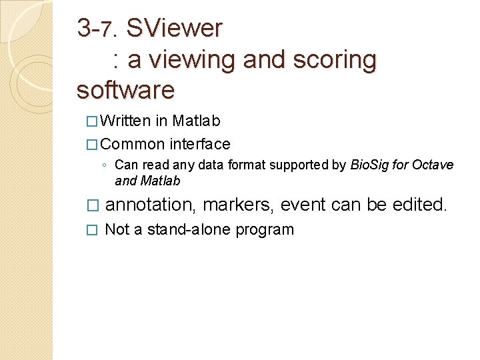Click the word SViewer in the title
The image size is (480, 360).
pyautogui.click(x=174, y=28)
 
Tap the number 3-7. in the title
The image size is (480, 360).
pyautogui.click(x=97, y=28)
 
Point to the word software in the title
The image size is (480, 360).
pyautogui.click(x=125, y=89)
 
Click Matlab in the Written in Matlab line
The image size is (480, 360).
pyautogui.click(x=196, y=121)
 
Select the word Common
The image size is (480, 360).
pyautogui.click(x=133, y=144)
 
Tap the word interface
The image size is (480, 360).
pyautogui.click(x=200, y=144)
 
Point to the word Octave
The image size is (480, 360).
pyautogui.click(x=434, y=165)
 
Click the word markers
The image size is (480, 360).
pyautogui.click(x=238, y=204)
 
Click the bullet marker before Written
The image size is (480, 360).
pyautogui.click(x=92, y=122)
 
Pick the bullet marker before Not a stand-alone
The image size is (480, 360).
pyautogui.click(x=93, y=230)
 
